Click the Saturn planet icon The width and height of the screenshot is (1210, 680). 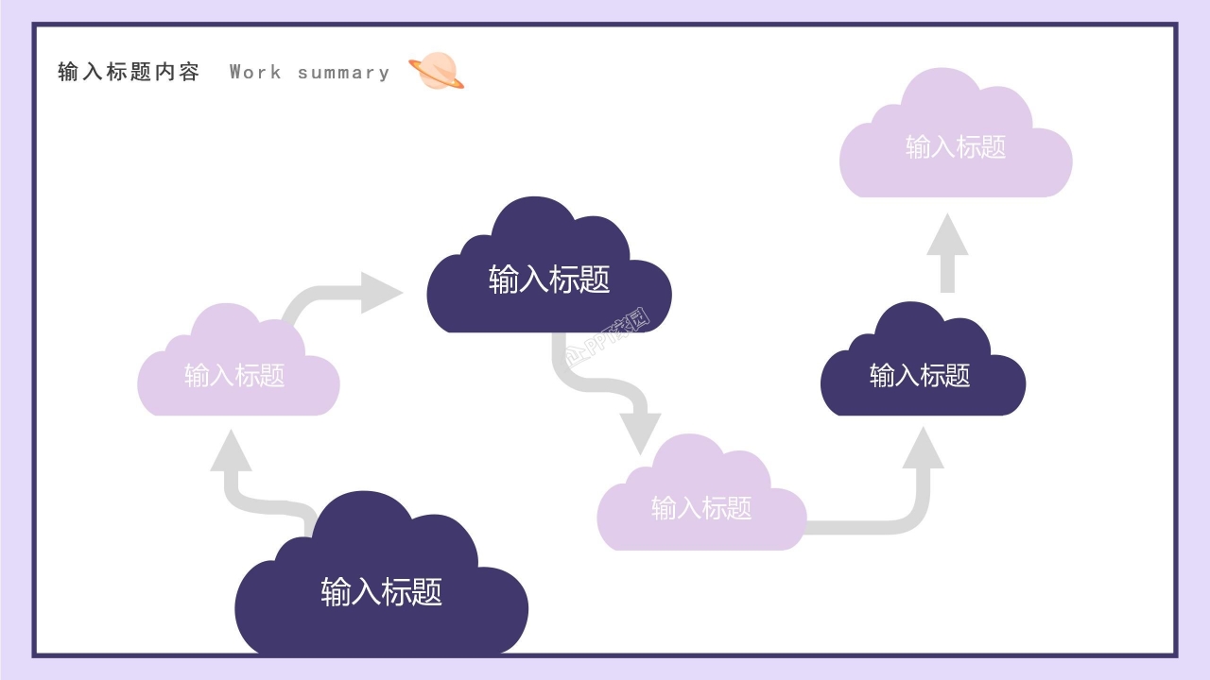436,72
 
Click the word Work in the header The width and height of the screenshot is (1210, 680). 255,72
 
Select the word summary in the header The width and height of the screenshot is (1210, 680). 343,73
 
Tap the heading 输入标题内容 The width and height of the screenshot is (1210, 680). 129,72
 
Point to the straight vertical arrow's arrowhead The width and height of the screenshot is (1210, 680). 947,235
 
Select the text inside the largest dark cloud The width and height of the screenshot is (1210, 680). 381,592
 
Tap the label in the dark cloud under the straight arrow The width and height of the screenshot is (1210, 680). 920,376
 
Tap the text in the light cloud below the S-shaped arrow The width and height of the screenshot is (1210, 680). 701,508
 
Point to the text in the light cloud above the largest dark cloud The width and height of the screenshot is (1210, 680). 234,376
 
